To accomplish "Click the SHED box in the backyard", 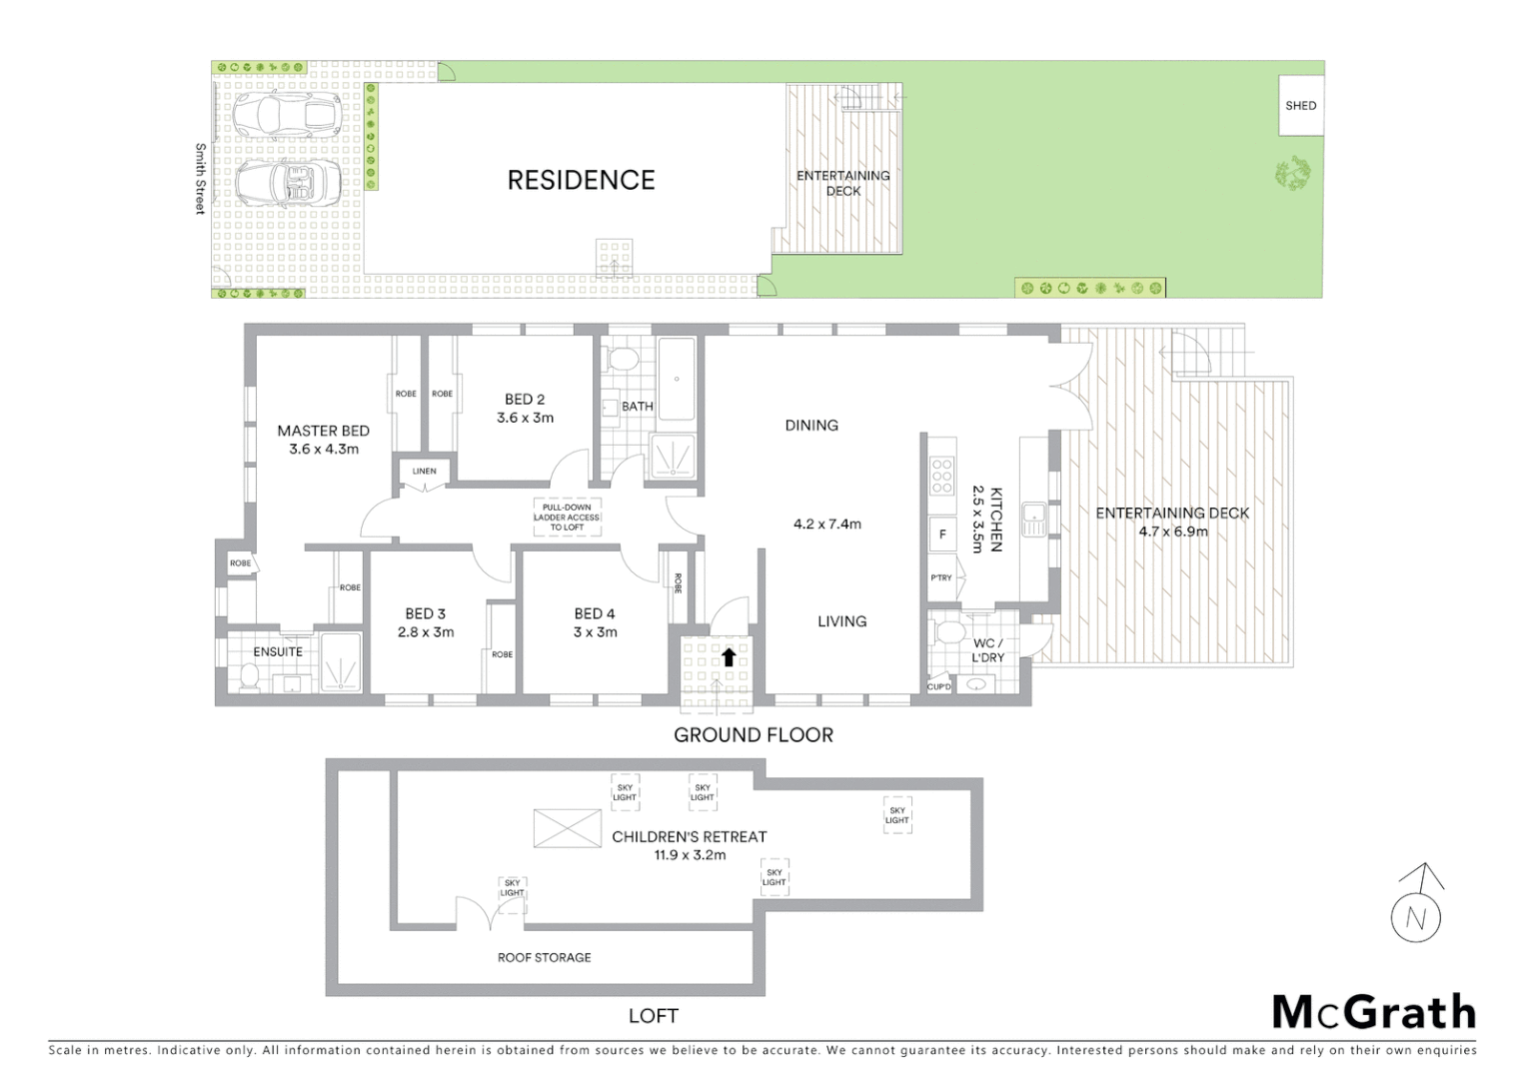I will pos(1300,105).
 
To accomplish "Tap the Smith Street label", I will pos(200,179).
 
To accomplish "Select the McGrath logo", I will pos(1373,1012).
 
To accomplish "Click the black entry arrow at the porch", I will pos(729,656).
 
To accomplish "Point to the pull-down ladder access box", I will pos(566,518).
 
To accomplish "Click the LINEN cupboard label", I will pos(424,472).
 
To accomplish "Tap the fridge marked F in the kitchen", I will pos(941,535).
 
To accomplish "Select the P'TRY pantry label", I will pos(941,577).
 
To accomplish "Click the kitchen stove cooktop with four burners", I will pos(941,477).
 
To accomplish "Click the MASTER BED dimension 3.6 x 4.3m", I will pos(323,450).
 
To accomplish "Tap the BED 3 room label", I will pos(426,613).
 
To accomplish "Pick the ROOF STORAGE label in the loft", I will pos(544,957).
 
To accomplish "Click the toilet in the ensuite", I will pos(249,678).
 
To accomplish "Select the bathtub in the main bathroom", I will pos(678,381).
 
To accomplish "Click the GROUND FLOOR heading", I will pos(753,735).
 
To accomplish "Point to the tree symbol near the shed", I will pos(1294,174).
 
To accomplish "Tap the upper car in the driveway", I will pos(287,115).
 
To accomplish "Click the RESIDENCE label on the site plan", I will pos(581,180).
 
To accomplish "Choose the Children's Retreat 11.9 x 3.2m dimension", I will pos(690,855).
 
